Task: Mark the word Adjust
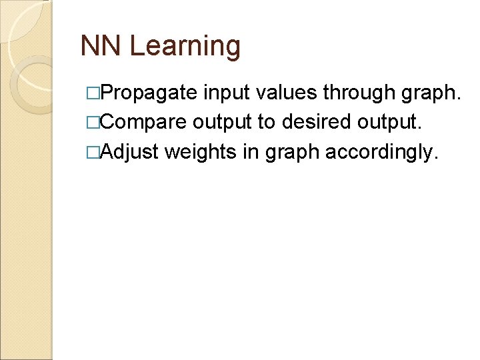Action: [131, 152]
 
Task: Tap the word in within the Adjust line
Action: [251, 152]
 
